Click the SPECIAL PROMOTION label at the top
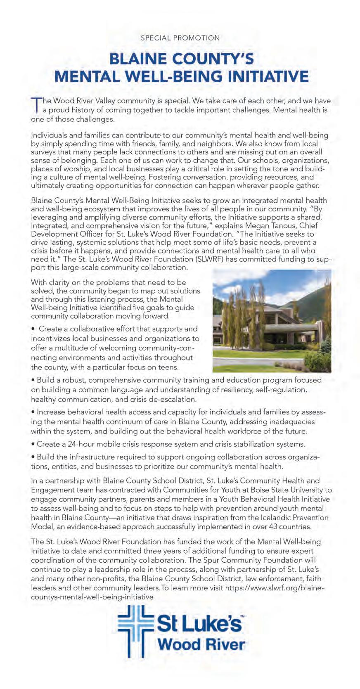(x=180, y=38)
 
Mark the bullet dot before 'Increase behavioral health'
(x=33, y=412)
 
